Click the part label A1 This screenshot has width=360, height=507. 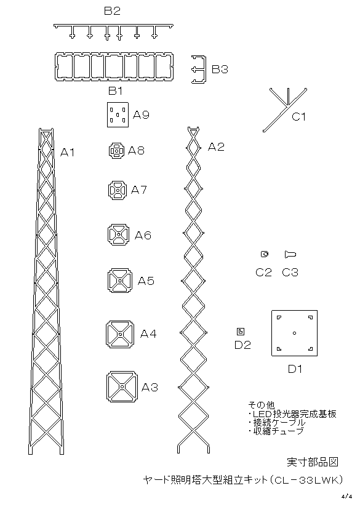click(67, 152)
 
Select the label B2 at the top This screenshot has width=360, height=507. click(112, 11)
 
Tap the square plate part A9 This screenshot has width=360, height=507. click(118, 115)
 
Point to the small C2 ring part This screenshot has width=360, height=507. click(265, 254)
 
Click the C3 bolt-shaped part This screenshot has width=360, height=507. click(290, 255)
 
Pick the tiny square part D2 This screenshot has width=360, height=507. click(241, 332)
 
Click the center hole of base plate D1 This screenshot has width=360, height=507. click(294, 333)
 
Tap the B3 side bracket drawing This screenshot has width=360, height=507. click(199, 70)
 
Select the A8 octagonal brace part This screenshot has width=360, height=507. click(117, 151)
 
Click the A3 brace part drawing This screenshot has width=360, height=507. click(122, 386)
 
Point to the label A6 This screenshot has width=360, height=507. click(143, 236)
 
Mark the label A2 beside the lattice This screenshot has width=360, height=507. click(216, 147)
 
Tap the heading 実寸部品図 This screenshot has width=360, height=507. click(313, 462)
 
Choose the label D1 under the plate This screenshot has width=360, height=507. click(295, 369)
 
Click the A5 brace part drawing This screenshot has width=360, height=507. click(119, 281)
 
